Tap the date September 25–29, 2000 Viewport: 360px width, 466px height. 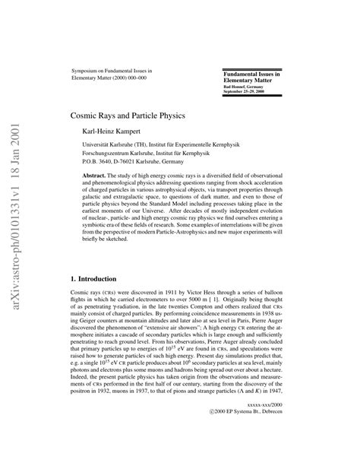pyautogui.click(x=248, y=93)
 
